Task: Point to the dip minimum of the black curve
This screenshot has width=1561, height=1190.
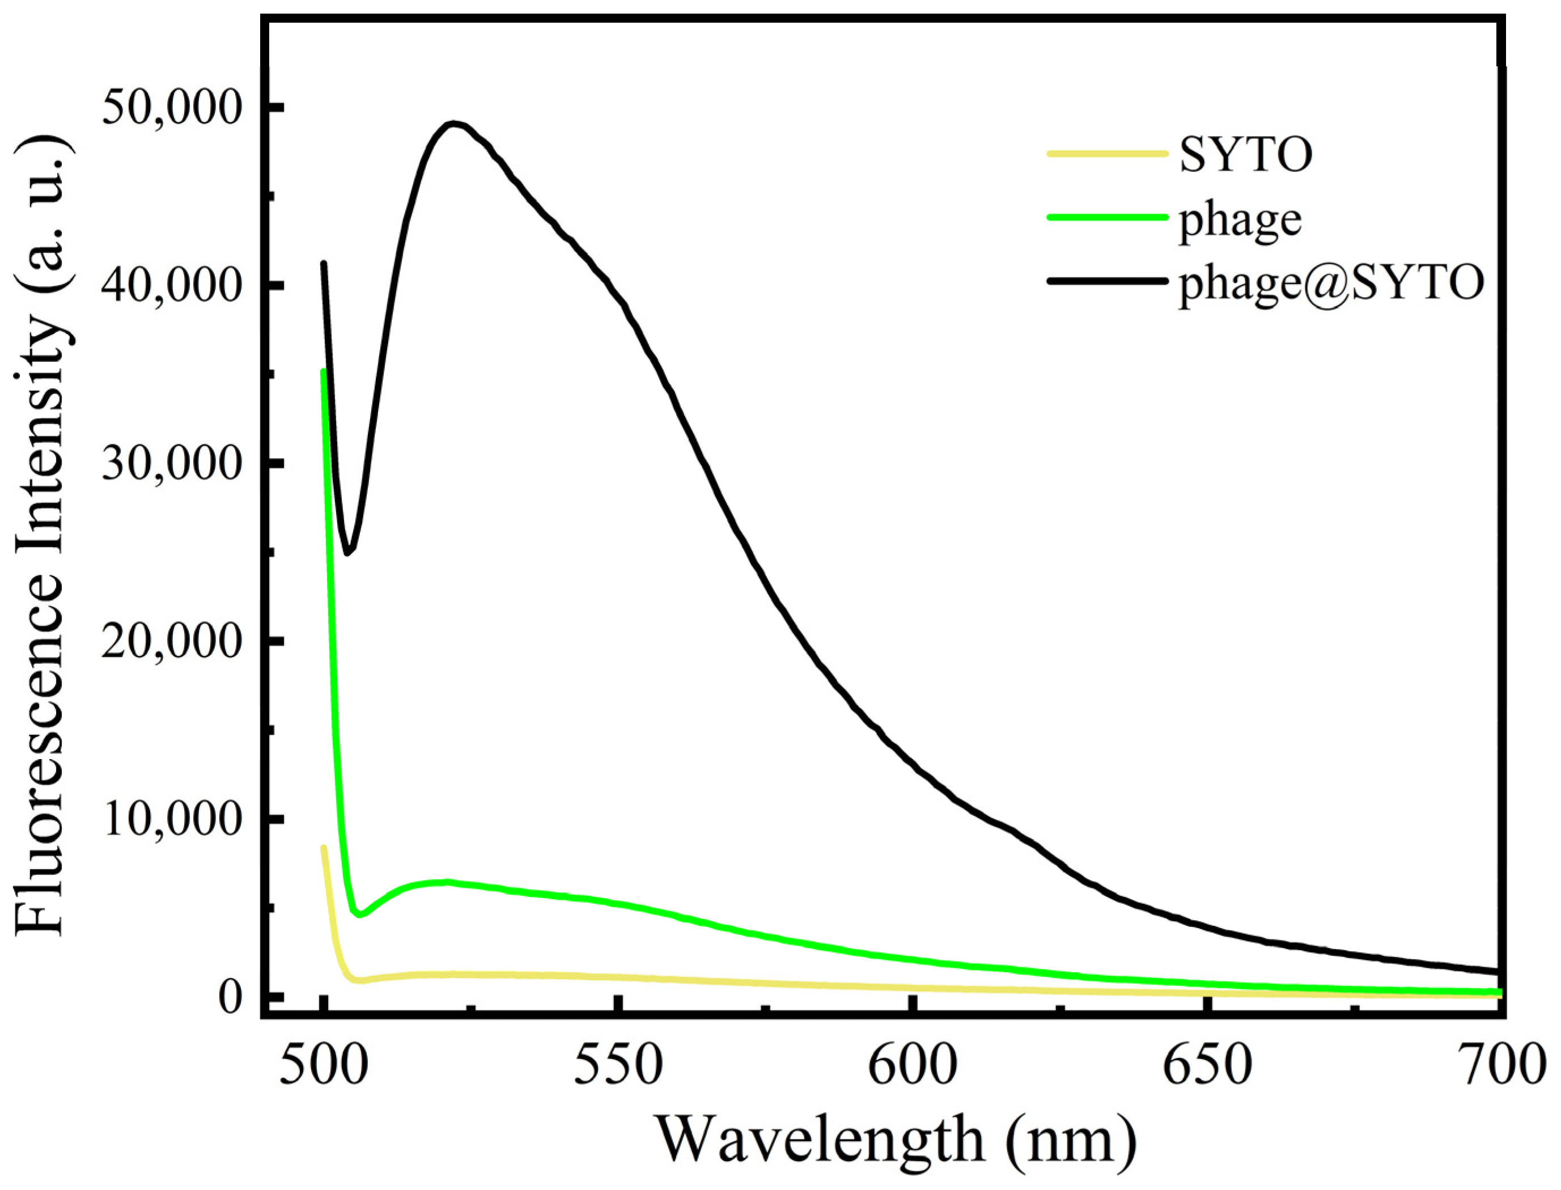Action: [x=347, y=553]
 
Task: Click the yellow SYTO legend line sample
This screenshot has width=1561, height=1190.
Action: [x=1106, y=153]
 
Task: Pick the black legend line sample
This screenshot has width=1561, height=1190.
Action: [x=1106, y=281]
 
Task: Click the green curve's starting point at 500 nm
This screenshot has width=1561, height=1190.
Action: [x=324, y=372]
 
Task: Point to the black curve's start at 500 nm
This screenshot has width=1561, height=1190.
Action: [x=324, y=264]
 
